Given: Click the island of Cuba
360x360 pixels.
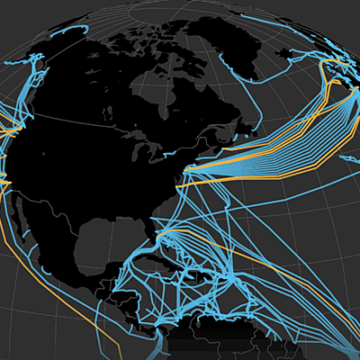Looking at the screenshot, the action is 170,249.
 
